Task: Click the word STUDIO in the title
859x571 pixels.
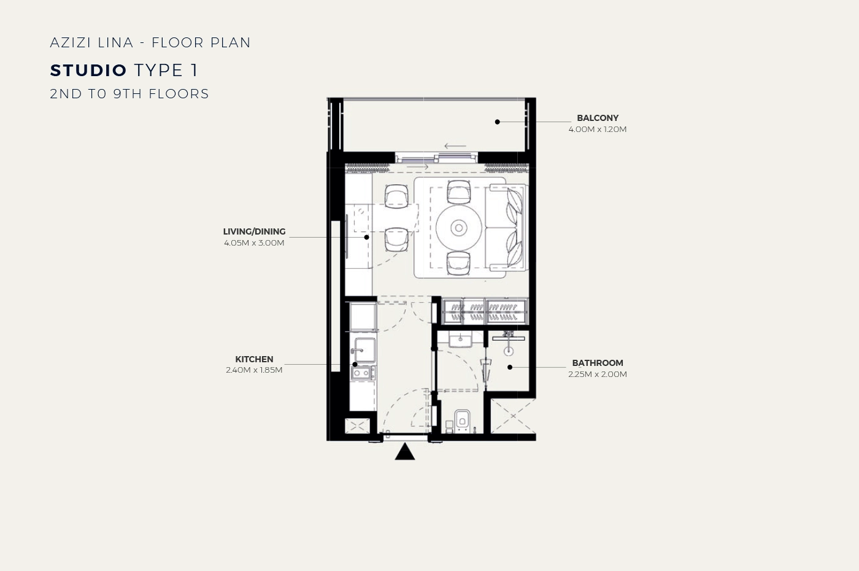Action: (88, 70)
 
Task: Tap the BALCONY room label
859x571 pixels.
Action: (598, 118)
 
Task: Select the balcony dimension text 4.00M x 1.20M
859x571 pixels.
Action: (598, 130)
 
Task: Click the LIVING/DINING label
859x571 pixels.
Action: (254, 232)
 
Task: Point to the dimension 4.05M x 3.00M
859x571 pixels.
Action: (254, 243)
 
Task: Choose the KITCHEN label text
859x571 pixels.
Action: (254, 360)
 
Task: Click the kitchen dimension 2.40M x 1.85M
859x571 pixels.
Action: (254, 370)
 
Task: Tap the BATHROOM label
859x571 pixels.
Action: (598, 363)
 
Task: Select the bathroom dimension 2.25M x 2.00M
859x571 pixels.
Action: (598, 374)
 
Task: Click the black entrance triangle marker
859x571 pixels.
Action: (405, 452)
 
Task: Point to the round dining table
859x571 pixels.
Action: (459, 228)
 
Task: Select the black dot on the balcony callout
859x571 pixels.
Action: (498, 122)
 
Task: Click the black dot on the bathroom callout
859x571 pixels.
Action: (510, 367)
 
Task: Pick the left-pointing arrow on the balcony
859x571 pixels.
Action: (455, 146)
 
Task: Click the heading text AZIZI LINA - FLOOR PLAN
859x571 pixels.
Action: (150, 42)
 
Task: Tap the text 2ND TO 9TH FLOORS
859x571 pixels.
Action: (129, 94)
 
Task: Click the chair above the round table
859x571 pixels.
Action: (459, 192)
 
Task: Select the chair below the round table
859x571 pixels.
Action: (459, 263)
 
